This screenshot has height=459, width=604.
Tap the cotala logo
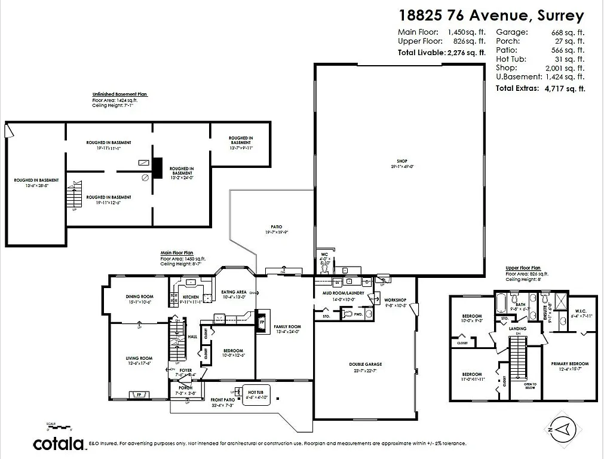pos(58,443)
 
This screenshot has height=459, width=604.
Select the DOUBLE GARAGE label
pos(366,364)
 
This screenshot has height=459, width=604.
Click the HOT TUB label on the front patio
pos(256,392)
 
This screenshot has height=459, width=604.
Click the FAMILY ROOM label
pos(287,326)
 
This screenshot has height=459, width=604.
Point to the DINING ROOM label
pos(140,296)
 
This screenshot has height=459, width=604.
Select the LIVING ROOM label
pos(140,359)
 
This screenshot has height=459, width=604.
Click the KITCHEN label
pos(191,296)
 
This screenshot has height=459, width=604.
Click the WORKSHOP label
pos(395,299)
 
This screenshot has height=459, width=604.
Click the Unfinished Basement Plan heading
pos(119,94)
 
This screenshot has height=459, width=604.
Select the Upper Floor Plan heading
pos(523,268)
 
